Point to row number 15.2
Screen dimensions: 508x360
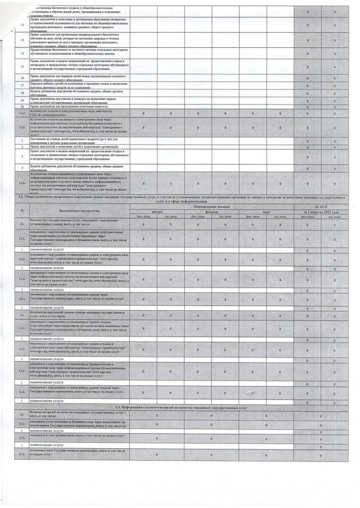22,438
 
